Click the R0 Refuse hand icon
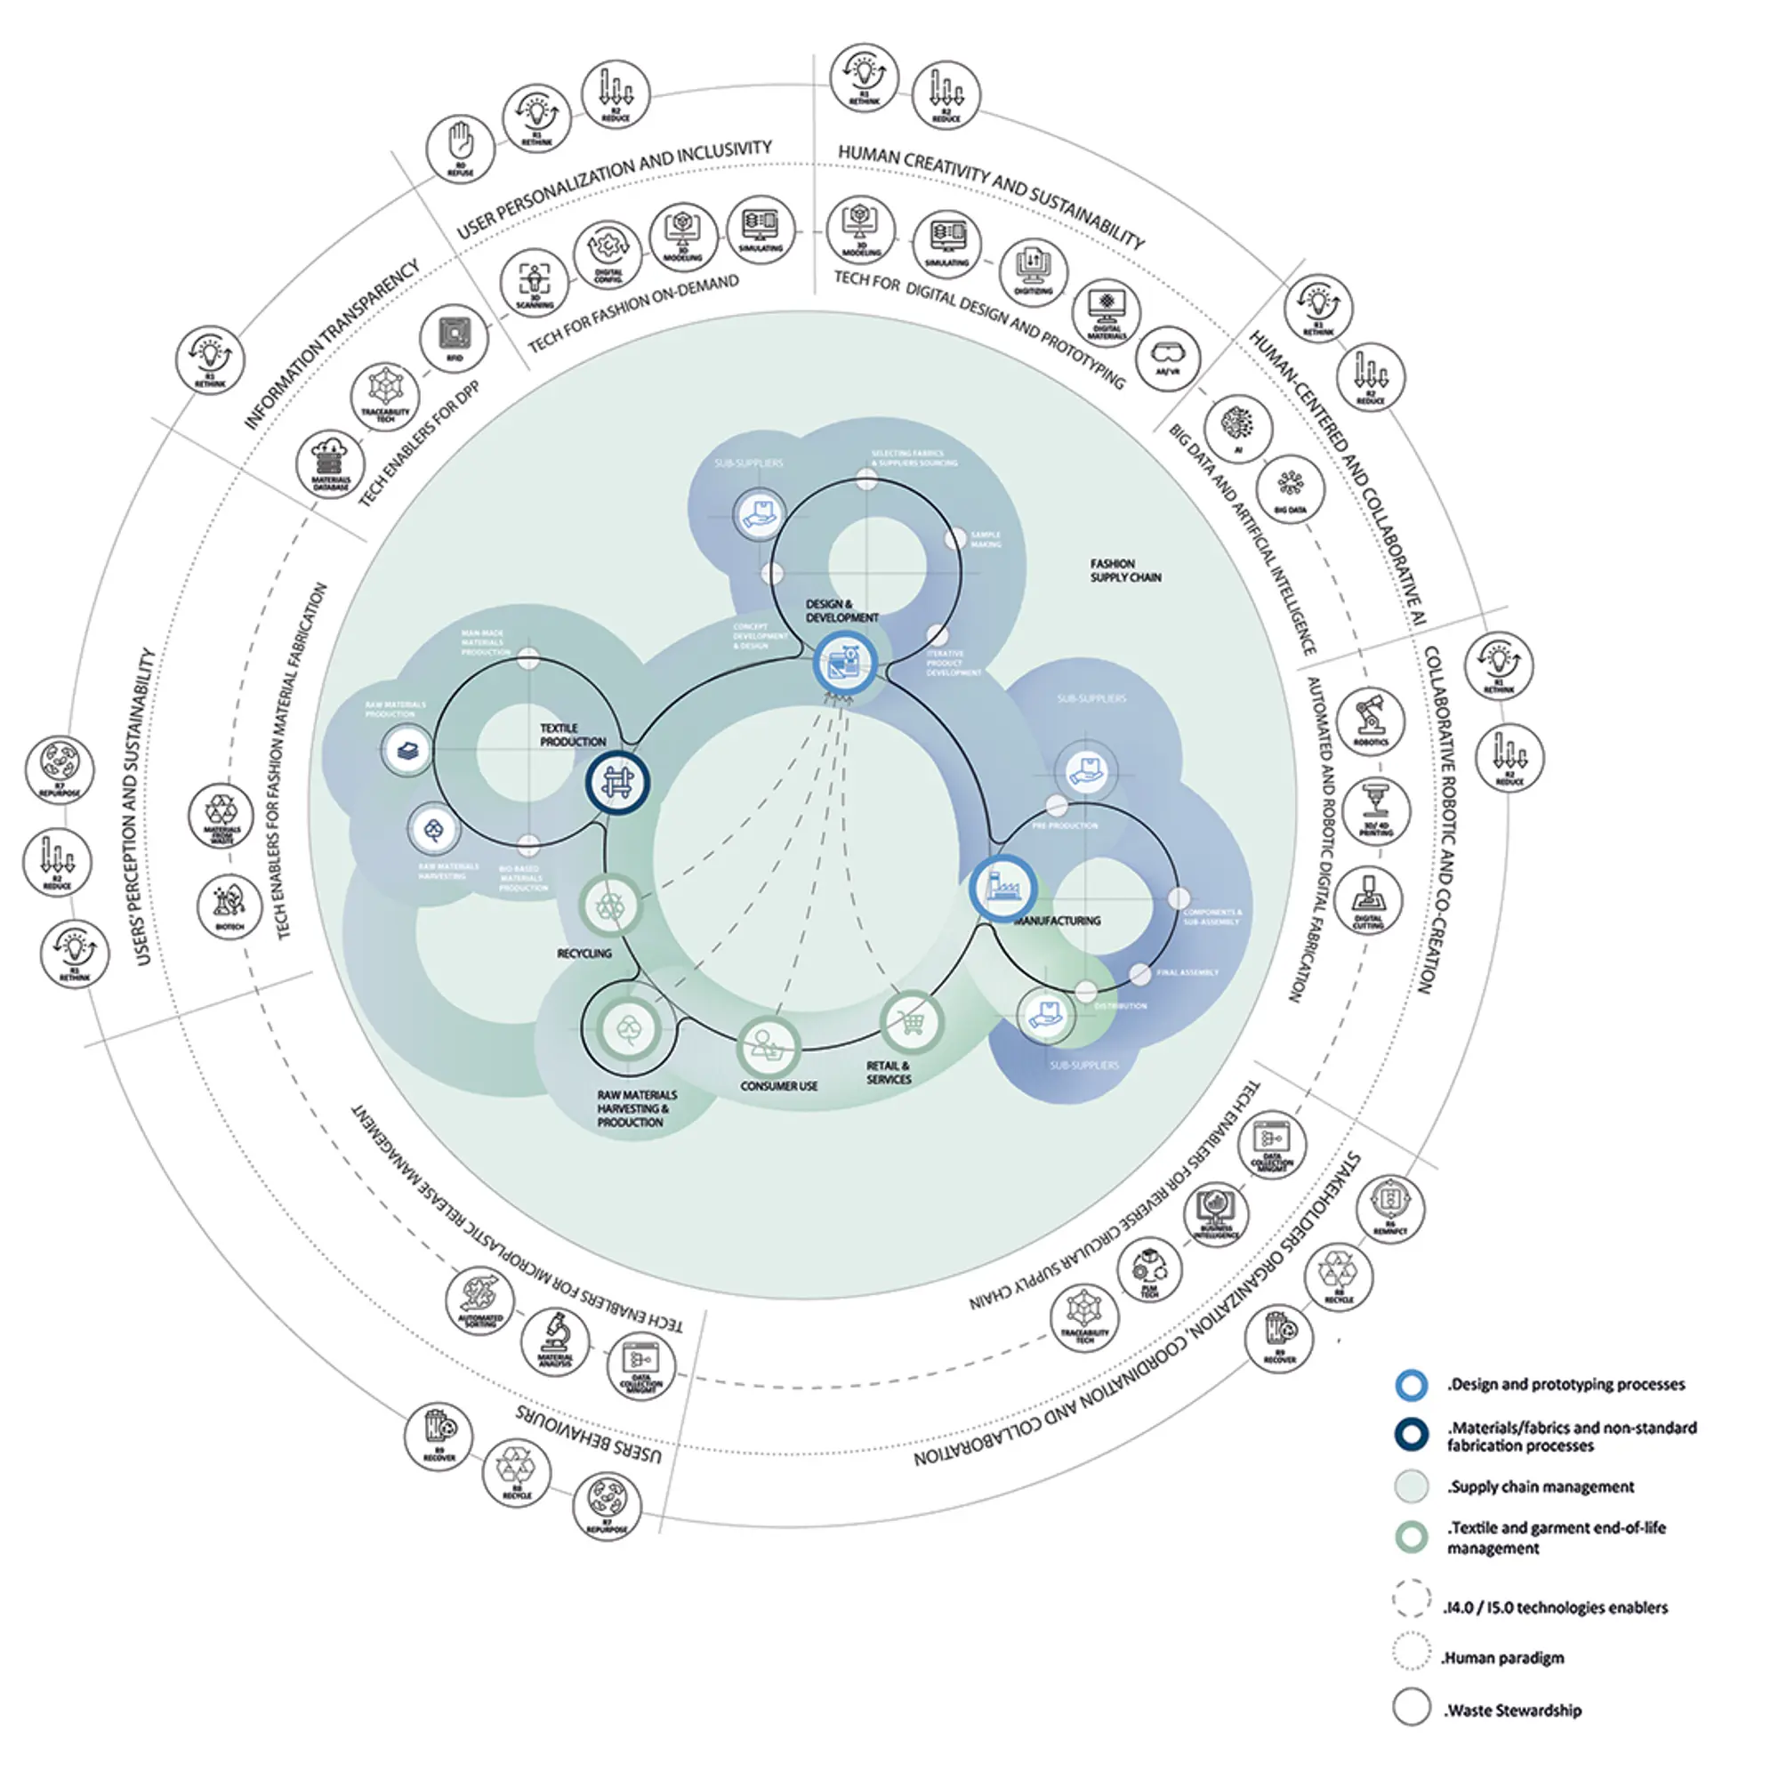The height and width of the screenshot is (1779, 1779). click(x=460, y=148)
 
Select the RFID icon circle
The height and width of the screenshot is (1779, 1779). click(x=454, y=337)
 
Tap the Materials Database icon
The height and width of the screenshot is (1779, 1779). click(x=331, y=463)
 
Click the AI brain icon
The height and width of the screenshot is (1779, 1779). click(x=1238, y=427)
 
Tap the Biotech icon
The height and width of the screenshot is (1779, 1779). click(x=229, y=906)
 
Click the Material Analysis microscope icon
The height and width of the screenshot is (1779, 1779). click(x=555, y=1340)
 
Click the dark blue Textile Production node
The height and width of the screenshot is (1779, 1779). click(x=618, y=783)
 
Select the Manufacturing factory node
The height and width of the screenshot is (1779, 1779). click(x=1002, y=889)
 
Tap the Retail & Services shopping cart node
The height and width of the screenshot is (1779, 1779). click(x=911, y=1022)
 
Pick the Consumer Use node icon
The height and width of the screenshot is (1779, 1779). click(x=768, y=1046)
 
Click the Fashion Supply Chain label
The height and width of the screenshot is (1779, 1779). click(x=1125, y=570)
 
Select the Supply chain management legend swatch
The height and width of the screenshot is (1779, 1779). click(x=1411, y=1486)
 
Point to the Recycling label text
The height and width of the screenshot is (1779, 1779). click(x=584, y=953)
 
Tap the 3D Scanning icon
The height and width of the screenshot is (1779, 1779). click(x=534, y=282)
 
